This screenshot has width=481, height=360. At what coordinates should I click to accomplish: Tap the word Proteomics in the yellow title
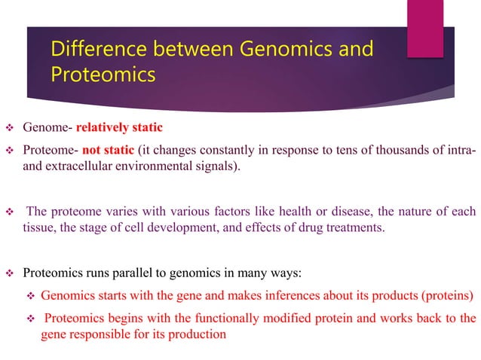[103, 76]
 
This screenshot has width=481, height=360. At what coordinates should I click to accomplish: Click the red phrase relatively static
[119, 126]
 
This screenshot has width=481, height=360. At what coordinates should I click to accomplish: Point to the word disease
[317, 209]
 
